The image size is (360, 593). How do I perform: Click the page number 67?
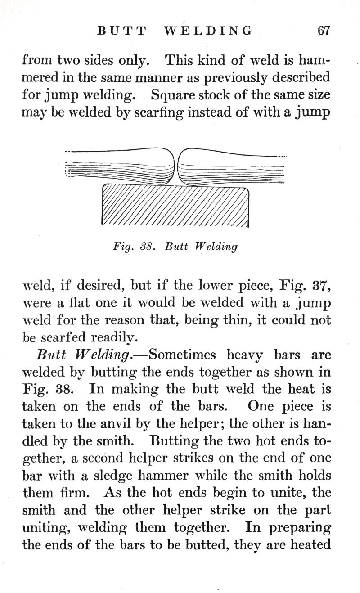point(324,31)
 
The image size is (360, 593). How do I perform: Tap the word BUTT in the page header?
point(122,31)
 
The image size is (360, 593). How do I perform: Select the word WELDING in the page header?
point(207,31)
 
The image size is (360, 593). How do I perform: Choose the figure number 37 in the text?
point(321,285)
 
